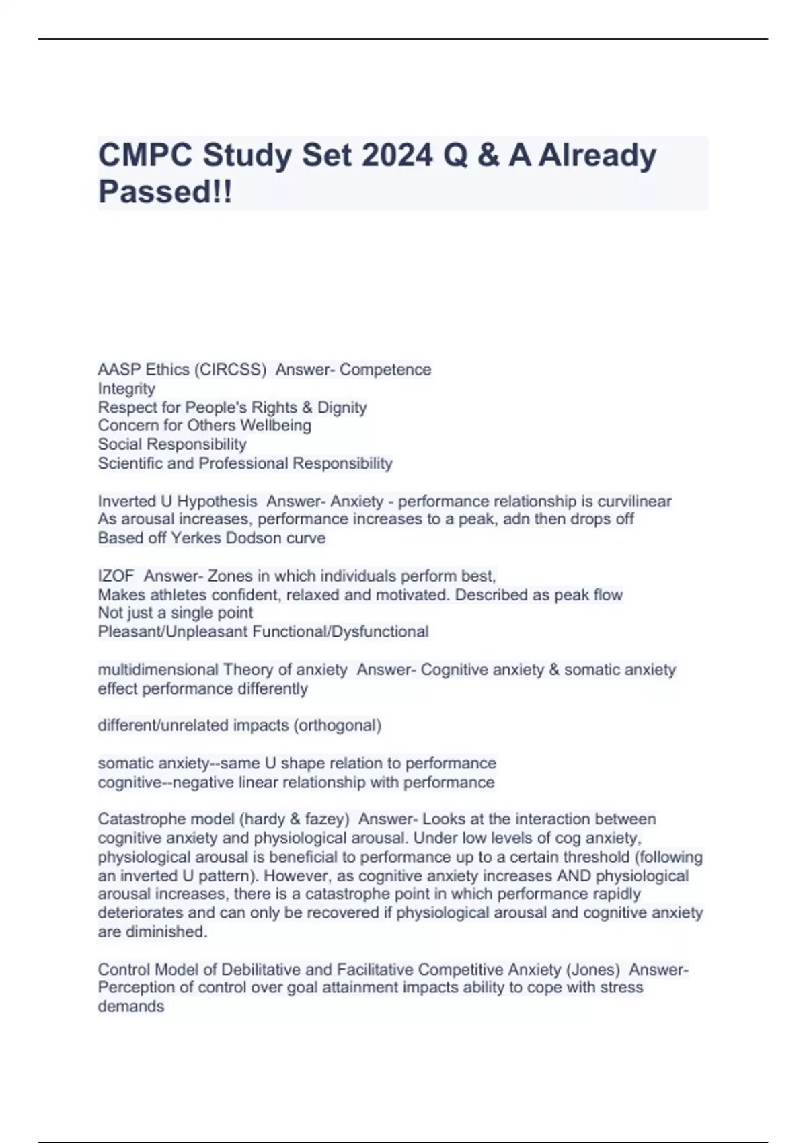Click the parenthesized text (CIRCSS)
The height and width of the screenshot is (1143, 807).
tap(230, 370)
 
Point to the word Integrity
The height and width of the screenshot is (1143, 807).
tap(126, 389)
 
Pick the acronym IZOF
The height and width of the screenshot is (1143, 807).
tap(116, 576)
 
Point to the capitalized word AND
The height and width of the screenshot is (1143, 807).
tap(573, 876)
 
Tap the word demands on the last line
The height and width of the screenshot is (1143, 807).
tap(130, 1007)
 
